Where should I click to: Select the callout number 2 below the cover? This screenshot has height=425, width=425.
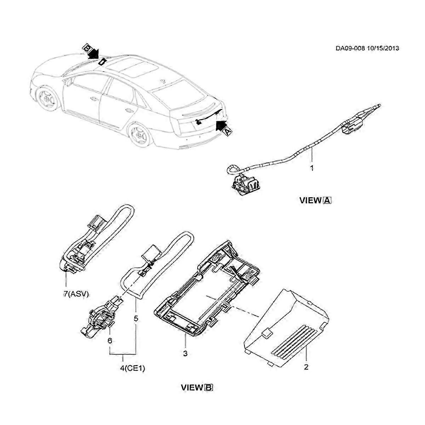pos(306,367)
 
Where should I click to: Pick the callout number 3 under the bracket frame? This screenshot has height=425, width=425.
pos(185,353)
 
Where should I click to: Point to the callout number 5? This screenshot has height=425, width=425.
pos(136,318)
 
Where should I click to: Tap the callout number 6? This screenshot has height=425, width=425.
pos(110,340)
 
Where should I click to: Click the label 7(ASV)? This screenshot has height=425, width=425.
pos(76,294)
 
